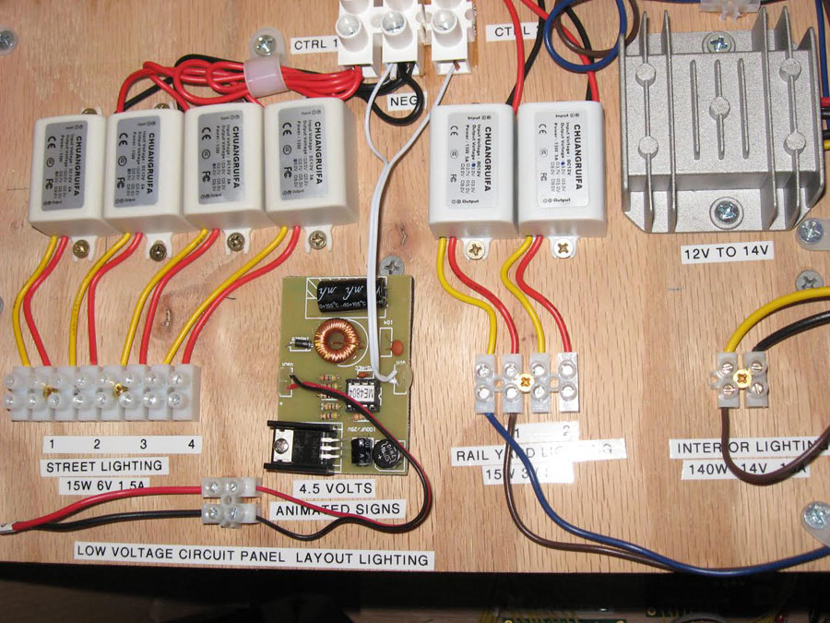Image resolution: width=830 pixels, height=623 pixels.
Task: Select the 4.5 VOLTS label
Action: pyautogui.click(x=332, y=487)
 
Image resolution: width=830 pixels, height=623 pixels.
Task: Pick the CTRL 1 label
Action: pyautogui.click(x=315, y=43)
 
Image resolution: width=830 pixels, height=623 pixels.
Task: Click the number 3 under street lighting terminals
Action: pyautogui.click(x=143, y=444)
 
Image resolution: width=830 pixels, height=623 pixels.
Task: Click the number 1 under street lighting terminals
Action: pyautogui.click(x=53, y=444)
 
